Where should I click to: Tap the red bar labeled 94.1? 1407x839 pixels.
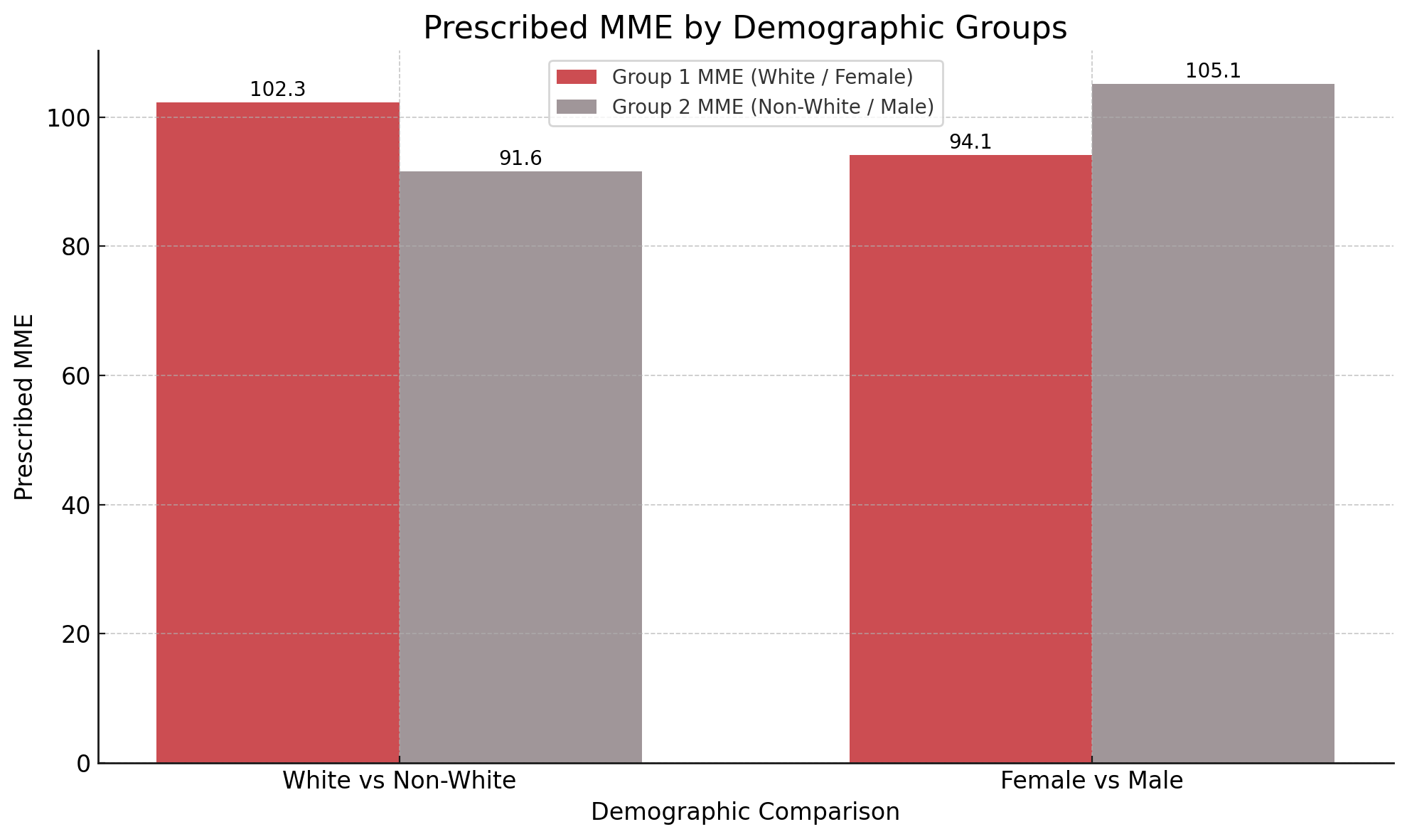[970, 459]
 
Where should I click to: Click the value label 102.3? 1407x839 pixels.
[277, 90]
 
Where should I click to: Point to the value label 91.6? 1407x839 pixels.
[520, 159]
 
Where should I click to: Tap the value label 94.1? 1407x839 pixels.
[970, 142]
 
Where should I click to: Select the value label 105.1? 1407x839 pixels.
[1213, 71]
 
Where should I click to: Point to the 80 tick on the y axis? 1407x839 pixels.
[75, 247]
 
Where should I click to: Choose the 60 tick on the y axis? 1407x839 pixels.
[75, 376]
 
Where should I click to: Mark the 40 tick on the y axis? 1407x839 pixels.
[75, 506]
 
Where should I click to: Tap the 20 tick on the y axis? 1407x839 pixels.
[75, 634]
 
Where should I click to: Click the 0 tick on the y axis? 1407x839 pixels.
[83, 764]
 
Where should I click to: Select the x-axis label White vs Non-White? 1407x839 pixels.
[399, 781]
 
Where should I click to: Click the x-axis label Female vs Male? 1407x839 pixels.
[1091, 781]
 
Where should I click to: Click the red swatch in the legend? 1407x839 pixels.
[577, 77]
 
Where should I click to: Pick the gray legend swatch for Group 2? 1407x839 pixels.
[577, 107]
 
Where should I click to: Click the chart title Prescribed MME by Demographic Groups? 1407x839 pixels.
[745, 28]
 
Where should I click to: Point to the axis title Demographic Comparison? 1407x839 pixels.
[745, 812]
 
